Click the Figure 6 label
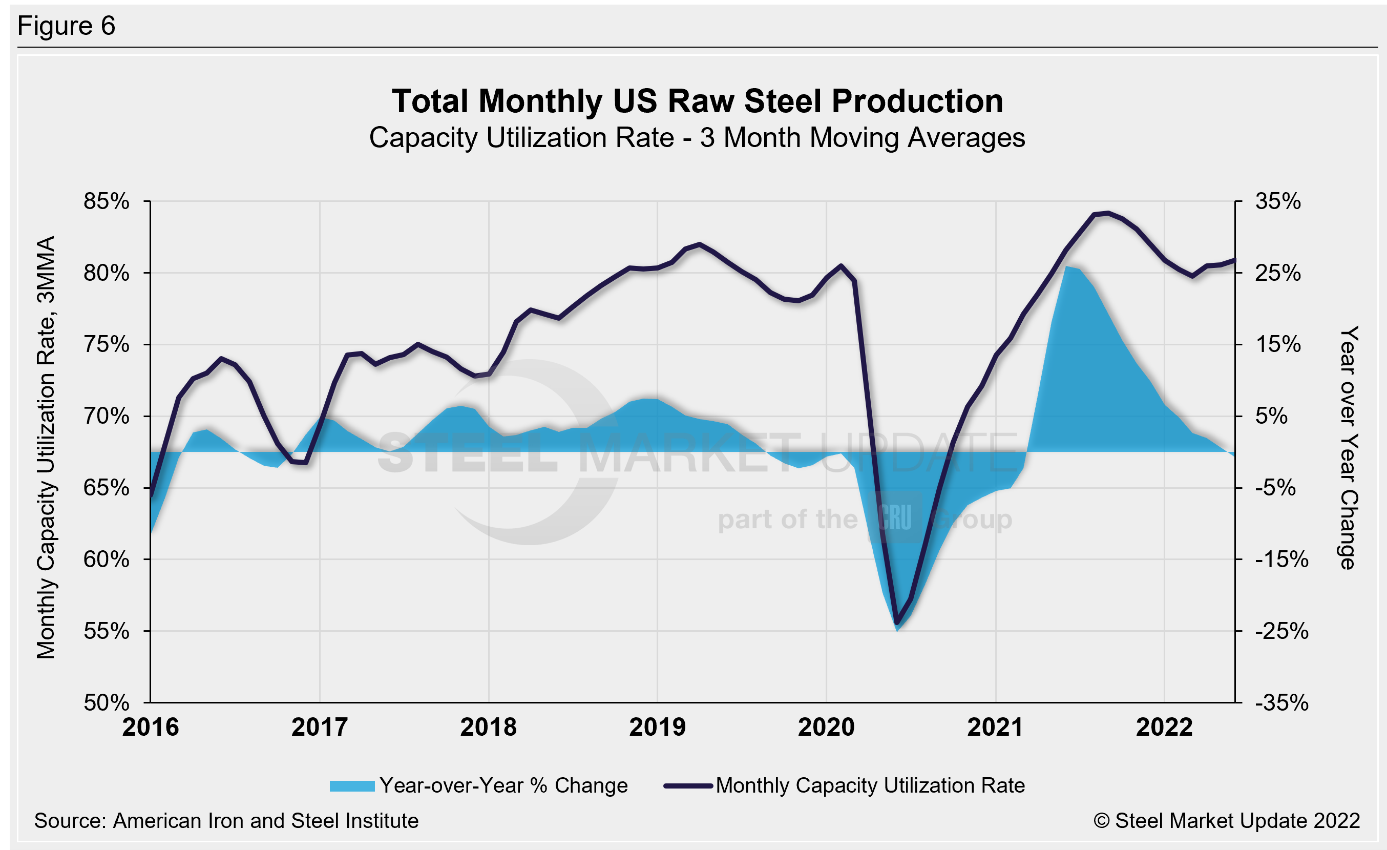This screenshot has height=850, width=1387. [66, 26]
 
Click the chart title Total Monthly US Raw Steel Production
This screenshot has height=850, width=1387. [697, 101]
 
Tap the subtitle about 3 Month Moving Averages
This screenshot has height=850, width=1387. [697, 138]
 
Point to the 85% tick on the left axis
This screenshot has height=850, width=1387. [107, 201]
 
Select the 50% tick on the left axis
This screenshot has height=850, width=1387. [107, 702]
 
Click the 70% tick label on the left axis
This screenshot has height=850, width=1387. [107, 417]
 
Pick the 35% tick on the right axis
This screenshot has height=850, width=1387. [1278, 201]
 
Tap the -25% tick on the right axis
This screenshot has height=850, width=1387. [1281, 631]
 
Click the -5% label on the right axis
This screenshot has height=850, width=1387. [1275, 487]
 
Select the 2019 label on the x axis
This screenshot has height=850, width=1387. [657, 727]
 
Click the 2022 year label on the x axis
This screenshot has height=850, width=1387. [1164, 727]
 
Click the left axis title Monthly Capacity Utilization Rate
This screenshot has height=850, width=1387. [46, 447]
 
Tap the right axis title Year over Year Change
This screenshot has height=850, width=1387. [1349, 447]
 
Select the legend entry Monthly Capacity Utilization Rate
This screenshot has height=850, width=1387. [870, 785]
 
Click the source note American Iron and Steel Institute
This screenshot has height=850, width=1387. [226, 821]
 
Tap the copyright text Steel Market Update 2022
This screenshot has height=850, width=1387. [1227, 821]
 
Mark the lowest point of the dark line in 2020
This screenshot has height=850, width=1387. [897, 624]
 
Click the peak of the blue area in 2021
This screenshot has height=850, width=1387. [1067, 267]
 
